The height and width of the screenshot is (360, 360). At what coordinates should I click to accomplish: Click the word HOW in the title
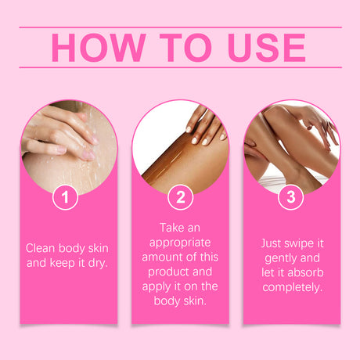(x=99, y=48)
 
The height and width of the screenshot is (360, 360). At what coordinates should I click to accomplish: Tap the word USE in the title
(x=266, y=48)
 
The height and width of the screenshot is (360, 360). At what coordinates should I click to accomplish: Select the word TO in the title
(x=185, y=48)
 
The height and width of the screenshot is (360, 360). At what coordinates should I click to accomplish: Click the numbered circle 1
(x=65, y=197)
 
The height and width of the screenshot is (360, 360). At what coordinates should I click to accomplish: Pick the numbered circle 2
(x=180, y=197)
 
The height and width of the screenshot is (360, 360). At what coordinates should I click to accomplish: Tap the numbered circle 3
(x=291, y=197)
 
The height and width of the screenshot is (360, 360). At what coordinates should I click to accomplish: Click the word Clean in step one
(x=41, y=248)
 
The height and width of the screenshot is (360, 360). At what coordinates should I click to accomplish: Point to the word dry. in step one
(x=98, y=263)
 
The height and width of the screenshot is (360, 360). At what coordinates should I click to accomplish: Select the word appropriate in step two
(x=180, y=243)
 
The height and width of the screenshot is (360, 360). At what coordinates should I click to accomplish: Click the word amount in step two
(x=161, y=257)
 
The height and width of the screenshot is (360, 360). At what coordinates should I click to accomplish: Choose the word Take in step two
(x=171, y=228)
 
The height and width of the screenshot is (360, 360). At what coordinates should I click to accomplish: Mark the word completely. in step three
(x=292, y=288)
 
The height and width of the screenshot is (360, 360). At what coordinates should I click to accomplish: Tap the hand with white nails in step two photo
(x=205, y=125)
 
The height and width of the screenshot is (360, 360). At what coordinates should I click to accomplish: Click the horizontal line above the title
(x=180, y=27)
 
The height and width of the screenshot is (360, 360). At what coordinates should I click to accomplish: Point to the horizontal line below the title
(x=180, y=67)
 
